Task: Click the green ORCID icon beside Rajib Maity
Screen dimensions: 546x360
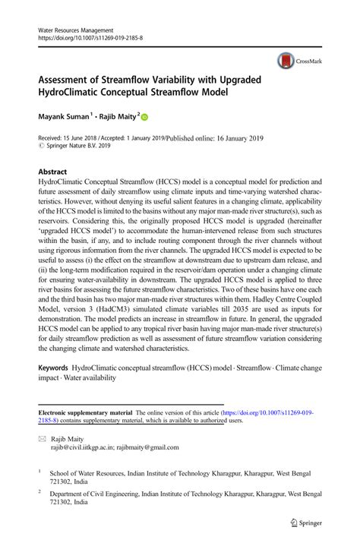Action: pos(144,118)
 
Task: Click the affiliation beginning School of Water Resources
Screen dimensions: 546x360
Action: pos(179,476)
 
